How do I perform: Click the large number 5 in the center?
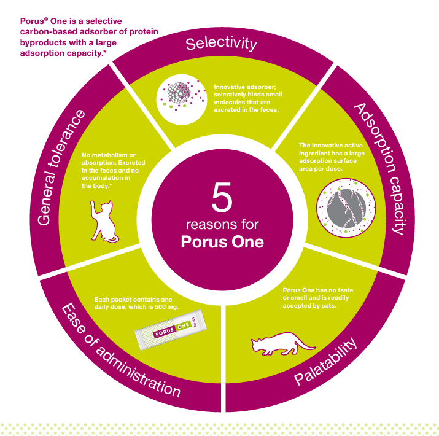(222, 197)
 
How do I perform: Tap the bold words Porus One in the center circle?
(222, 242)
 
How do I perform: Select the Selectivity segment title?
(221, 44)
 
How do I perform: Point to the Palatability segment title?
(325, 361)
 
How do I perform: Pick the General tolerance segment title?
(61, 168)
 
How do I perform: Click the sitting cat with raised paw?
(104, 221)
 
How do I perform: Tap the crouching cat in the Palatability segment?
(283, 343)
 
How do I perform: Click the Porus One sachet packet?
(171, 329)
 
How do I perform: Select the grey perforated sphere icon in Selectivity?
(179, 92)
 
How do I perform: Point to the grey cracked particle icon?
(346, 208)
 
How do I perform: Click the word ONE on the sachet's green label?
(184, 326)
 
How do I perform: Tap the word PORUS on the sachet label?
(165, 332)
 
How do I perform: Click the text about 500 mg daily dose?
(136, 303)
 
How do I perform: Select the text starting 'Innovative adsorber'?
(248, 98)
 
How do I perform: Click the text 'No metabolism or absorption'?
(114, 170)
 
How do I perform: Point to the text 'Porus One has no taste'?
(318, 298)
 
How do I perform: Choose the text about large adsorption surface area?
(332, 157)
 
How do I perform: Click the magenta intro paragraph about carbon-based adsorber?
(89, 37)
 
